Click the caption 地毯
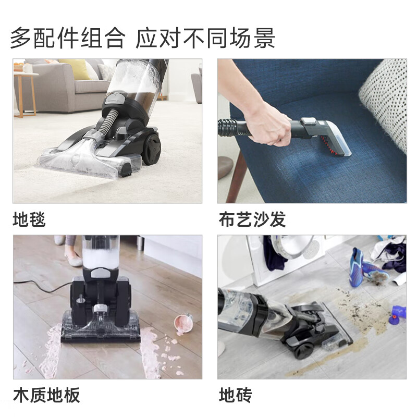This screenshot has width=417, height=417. coord(29,219)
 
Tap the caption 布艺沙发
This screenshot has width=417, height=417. coord(252,219)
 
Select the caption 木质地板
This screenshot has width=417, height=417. coord(46,395)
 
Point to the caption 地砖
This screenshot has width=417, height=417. coord(236,395)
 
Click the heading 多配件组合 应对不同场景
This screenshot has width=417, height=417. coord(142,38)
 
